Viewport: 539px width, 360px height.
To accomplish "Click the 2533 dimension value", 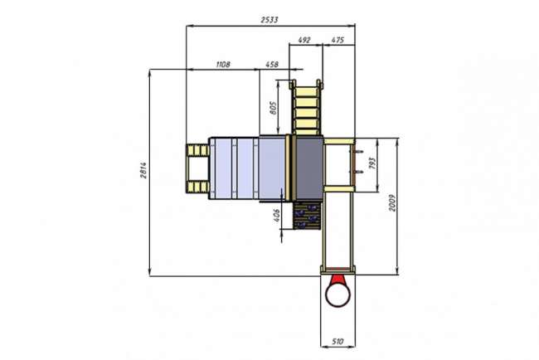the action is click(269, 20).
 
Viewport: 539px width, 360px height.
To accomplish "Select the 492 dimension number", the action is click(304, 40).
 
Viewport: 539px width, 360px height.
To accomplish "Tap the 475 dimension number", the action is click(337, 40).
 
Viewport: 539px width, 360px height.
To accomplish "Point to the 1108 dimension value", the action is click(223, 65).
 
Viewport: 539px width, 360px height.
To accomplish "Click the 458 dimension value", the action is click(272, 65).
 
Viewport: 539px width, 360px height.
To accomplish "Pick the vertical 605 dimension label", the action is click(274, 108).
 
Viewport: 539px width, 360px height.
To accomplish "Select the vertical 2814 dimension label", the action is click(143, 170).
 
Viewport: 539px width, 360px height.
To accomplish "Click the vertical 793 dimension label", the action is click(372, 163).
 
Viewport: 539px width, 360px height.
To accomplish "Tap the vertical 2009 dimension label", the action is click(392, 203).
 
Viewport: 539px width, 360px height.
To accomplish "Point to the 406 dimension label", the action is click(277, 215).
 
